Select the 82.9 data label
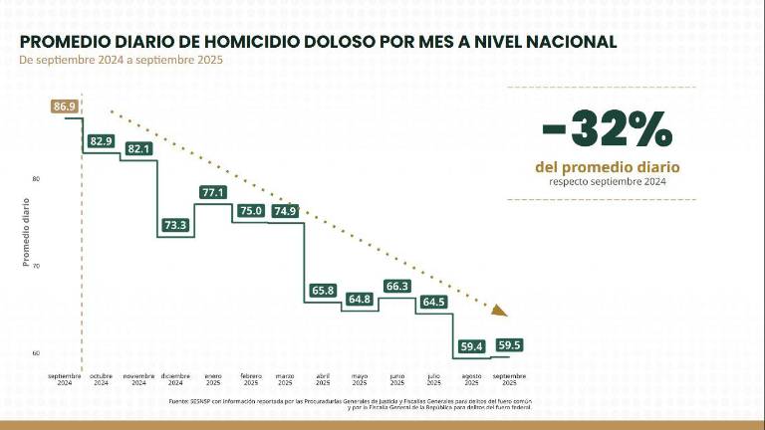[x=101, y=141]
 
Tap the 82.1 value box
[x=138, y=149]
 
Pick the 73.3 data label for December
[x=175, y=226]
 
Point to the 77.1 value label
[x=213, y=192]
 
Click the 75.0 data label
[x=250, y=210]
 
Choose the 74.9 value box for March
[x=285, y=211]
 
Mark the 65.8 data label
[x=323, y=291]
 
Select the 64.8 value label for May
[x=360, y=300]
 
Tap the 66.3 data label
[x=397, y=287]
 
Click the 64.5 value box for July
[x=434, y=302]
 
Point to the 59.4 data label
[x=472, y=346]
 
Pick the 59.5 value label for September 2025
[x=509, y=345]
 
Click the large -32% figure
[x=607, y=129]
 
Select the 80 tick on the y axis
[x=36, y=179]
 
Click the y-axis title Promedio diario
[x=26, y=232]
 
